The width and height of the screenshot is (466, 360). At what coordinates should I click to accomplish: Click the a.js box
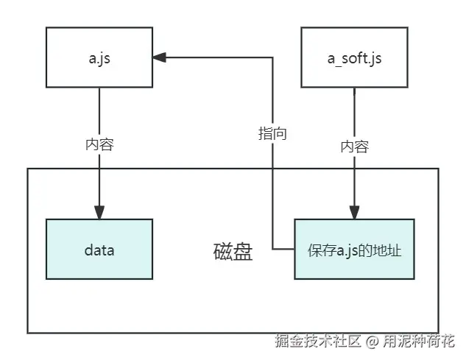pos(99,57)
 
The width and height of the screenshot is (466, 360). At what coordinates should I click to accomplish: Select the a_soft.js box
pos(354,57)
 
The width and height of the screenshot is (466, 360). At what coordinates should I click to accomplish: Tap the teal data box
pos(99,249)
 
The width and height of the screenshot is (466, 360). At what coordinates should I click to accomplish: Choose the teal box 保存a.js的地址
pos(354,249)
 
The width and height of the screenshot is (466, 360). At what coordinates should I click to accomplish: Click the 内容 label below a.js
pos(99,144)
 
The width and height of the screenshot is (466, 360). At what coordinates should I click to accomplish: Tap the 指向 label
pos(272,133)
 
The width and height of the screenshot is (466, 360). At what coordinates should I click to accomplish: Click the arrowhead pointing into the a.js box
pos(160,57)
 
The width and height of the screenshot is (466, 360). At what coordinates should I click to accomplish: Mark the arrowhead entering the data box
pos(99,212)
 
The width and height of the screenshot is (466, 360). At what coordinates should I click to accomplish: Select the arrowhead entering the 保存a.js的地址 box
pos(354,212)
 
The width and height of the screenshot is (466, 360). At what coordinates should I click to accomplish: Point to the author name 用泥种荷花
pos(418,342)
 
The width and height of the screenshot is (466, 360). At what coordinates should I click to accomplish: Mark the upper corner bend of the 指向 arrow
pos(272,57)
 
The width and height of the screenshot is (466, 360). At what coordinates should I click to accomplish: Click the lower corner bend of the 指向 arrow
pos(272,249)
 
